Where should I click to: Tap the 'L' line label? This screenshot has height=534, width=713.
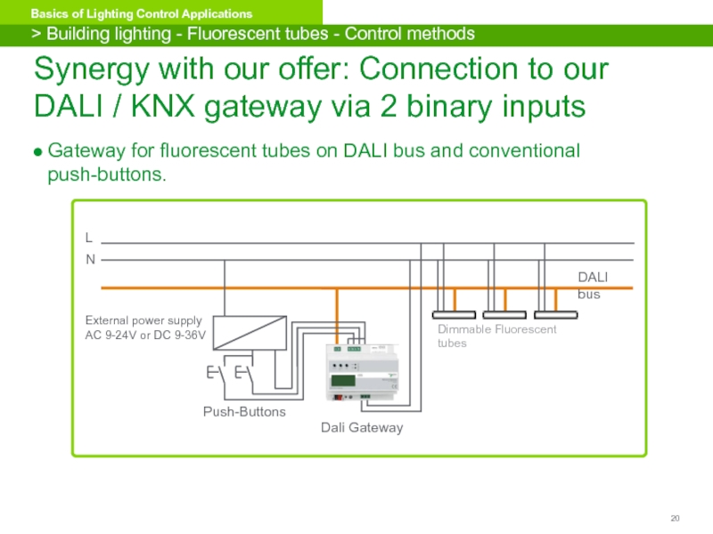(88, 239)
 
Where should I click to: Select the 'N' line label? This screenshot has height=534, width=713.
(89, 259)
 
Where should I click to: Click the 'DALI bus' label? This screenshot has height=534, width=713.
(592, 286)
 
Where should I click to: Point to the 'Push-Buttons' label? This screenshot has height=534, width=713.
(244, 412)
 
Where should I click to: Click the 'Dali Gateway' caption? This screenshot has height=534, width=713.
(362, 428)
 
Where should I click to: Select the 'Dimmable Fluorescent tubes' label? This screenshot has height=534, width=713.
(496, 336)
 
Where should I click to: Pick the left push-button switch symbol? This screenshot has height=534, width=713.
(215, 372)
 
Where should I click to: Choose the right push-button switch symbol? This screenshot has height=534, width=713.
(242, 372)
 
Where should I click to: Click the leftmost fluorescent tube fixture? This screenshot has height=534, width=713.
(455, 314)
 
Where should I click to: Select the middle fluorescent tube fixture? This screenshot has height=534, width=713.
(505, 314)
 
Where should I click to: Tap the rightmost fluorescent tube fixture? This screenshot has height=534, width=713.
(557, 314)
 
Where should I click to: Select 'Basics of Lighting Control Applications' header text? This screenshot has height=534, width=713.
(142, 14)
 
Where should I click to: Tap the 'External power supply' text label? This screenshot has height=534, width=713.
(143, 320)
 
